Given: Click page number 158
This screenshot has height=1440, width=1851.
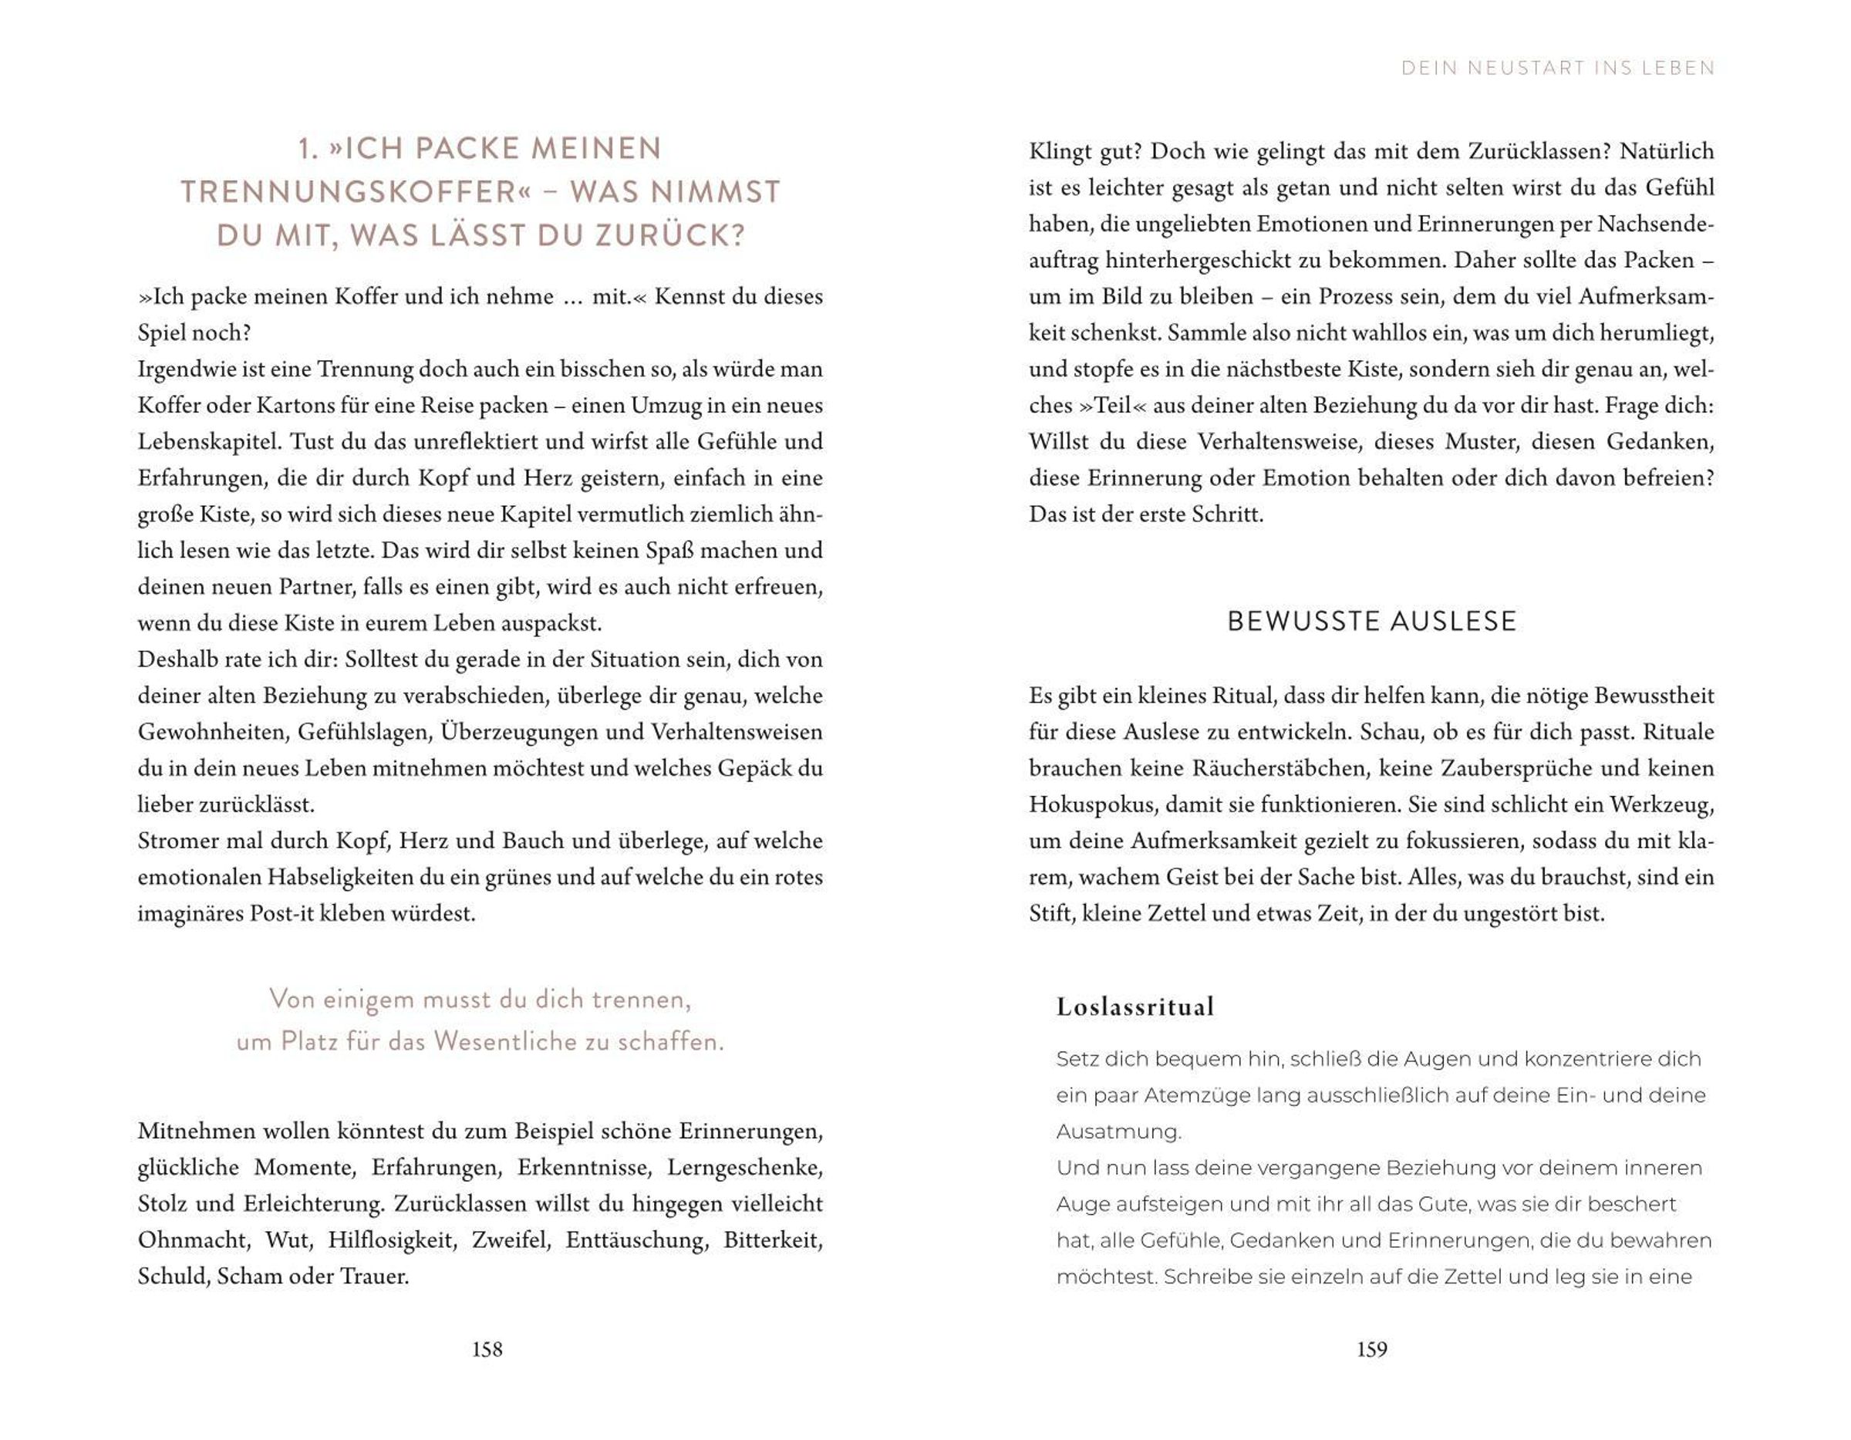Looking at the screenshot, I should (x=487, y=1349).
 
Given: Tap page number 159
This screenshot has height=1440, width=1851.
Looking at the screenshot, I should (x=1371, y=1349).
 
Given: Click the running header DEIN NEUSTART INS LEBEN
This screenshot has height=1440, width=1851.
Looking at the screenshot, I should (x=1558, y=69).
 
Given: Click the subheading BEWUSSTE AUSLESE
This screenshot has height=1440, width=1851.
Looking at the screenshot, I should (x=1371, y=621).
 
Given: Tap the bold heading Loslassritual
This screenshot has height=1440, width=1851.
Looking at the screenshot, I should (x=1135, y=1007).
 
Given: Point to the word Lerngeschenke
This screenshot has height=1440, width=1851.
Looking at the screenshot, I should (x=744, y=1168).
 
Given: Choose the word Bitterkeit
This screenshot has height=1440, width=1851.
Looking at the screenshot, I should (x=772, y=1241).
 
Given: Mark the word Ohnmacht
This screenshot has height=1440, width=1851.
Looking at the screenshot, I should (x=194, y=1241).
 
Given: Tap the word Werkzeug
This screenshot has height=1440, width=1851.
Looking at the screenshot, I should (x=1661, y=805).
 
